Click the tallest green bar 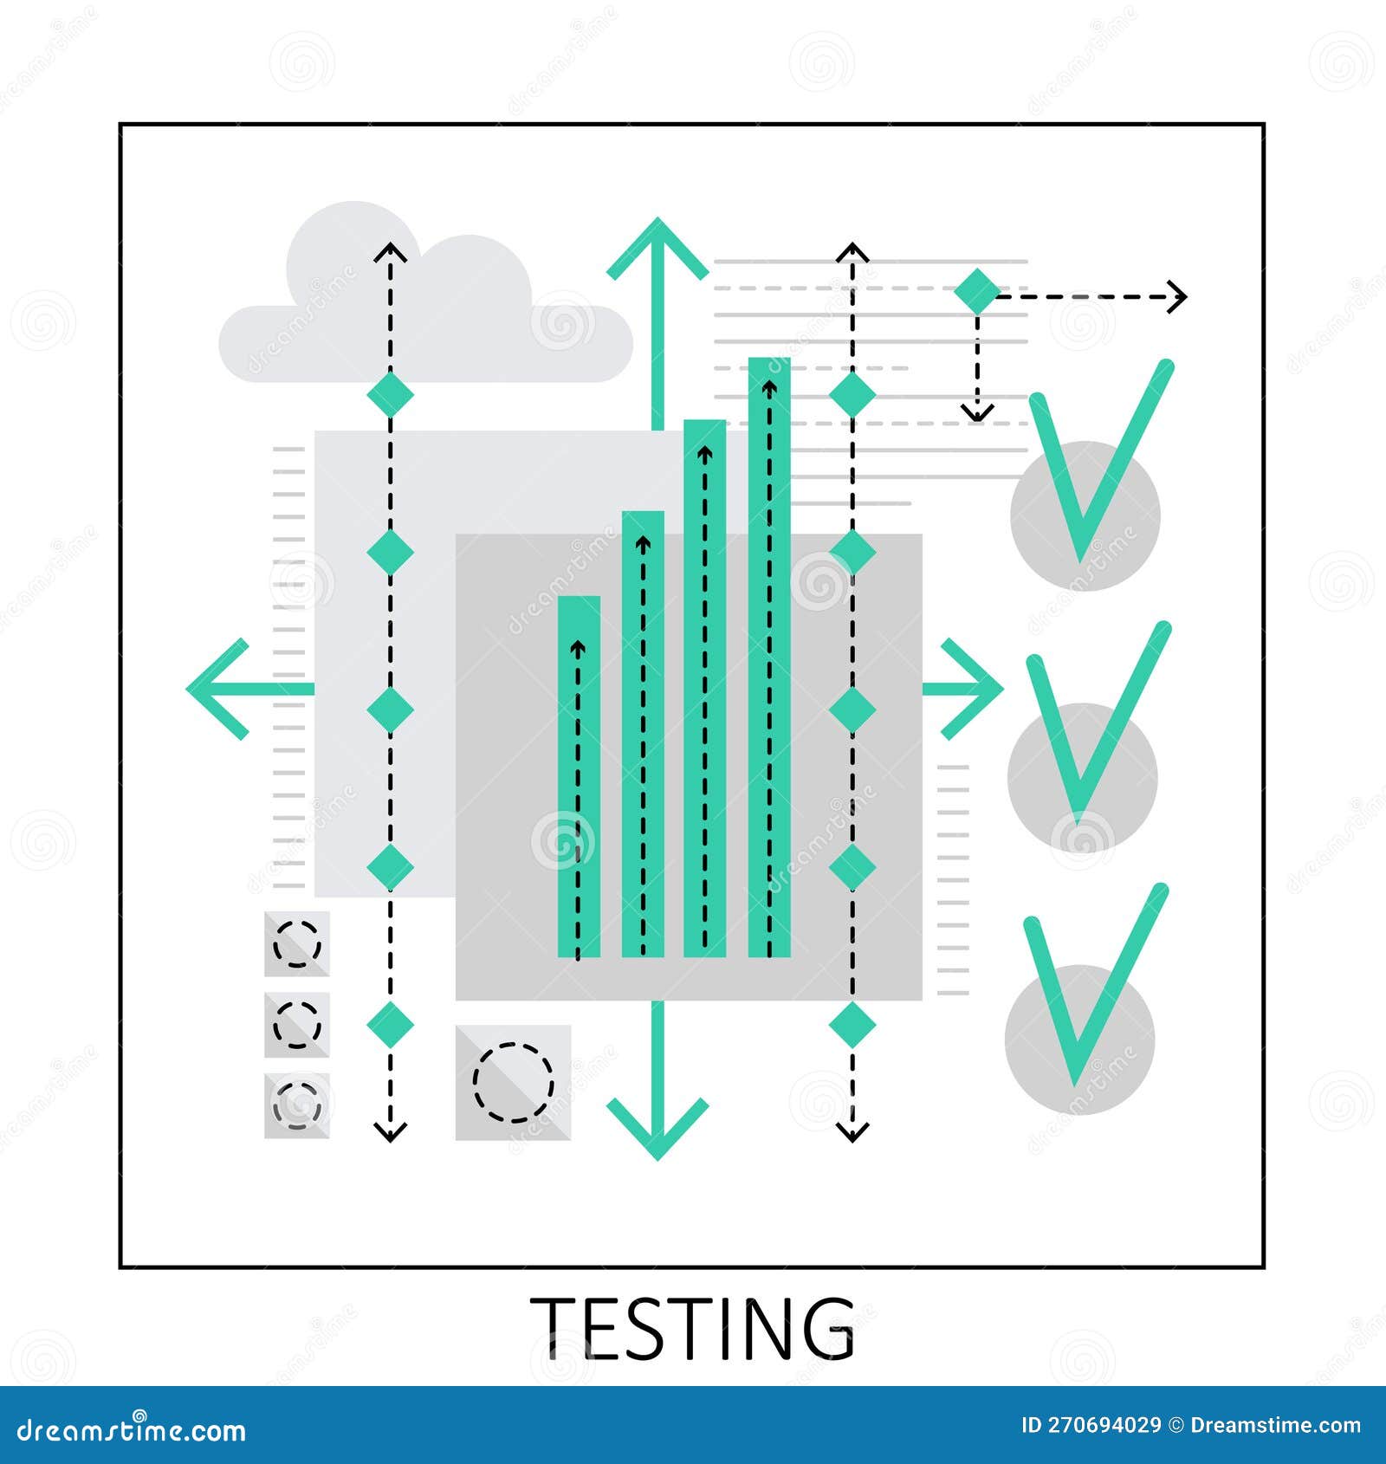pyautogui.click(x=769, y=658)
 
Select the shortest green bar pyautogui.click(x=579, y=780)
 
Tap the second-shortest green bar pyautogui.click(x=643, y=736)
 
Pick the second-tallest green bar pyautogui.click(x=705, y=693)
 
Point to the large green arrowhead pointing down pyautogui.click(x=657, y=1126)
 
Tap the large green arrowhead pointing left pyautogui.click(x=217, y=690)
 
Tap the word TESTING pyautogui.click(x=692, y=1329)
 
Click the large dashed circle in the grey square pyautogui.click(x=513, y=1082)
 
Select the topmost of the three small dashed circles pyautogui.click(x=297, y=943)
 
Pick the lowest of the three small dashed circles pyautogui.click(x=297, y=1104)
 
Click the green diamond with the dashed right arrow pyautogui.click(x=977, y=291)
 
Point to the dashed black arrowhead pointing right pyautogui.click(x=1176, y=296)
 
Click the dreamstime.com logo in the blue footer pyautogui.click(x=132, y=1429)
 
